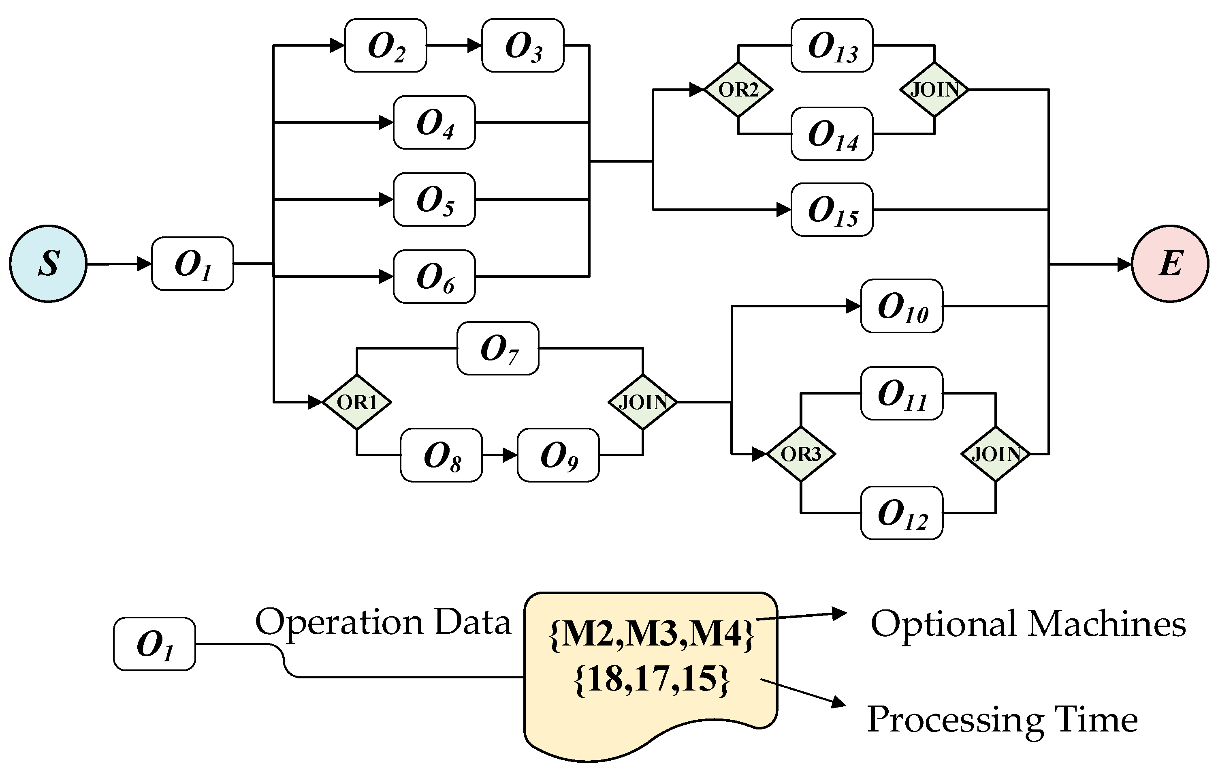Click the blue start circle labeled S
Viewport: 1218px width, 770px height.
[48, 264]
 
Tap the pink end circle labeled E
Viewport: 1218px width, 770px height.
[1169, 264]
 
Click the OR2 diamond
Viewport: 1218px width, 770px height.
[738, 90]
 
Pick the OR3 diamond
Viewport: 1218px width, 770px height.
[801, 454]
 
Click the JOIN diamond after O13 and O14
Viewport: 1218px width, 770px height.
[934, 90]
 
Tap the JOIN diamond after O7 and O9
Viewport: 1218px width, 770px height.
[642, 402]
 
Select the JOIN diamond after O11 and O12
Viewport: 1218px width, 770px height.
[996, 454]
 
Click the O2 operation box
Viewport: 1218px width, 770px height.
[386, 45]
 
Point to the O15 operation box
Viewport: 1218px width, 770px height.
[832, 210]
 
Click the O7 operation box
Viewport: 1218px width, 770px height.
[498, 348]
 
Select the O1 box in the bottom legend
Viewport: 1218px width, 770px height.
[154, 644]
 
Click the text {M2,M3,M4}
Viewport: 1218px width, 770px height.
[651, 633]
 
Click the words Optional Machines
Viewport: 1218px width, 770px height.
[1028, 623]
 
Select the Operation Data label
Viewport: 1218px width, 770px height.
[383, 622]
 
